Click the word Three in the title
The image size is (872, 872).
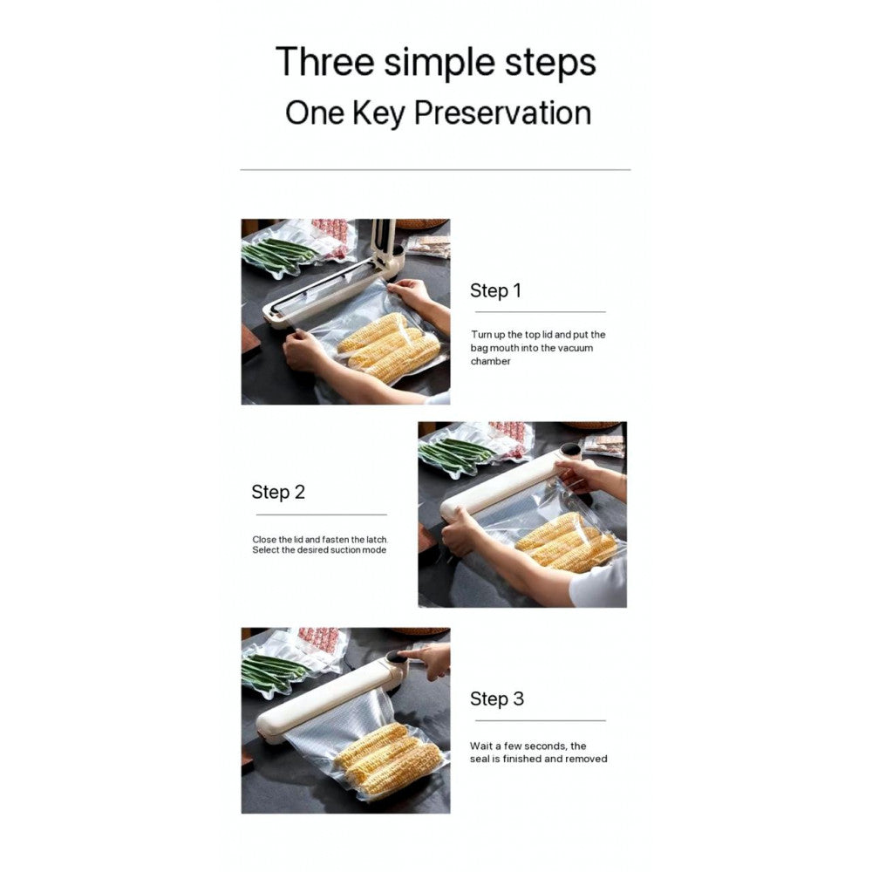[x=324, y=61]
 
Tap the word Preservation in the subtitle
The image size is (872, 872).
[x=502, y=113]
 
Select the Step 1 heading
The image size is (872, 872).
[x=495, y=290]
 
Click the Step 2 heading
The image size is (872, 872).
[x=278, y=492]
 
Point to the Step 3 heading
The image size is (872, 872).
[x=497, y=698]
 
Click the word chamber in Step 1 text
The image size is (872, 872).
[x=490, y=362]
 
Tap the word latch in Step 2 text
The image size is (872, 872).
[x=377, y=540]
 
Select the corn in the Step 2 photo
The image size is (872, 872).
[x=566, y=542]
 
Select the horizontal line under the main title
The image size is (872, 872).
[x=435, y=170]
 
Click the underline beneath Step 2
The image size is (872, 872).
[x=322, y=515]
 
